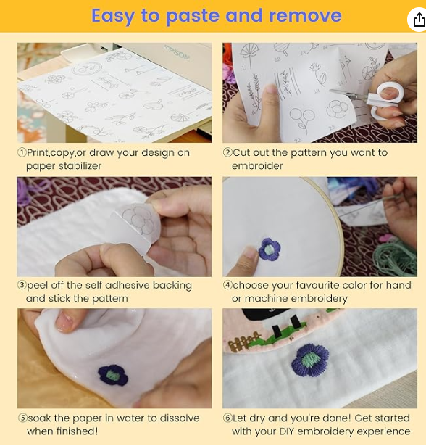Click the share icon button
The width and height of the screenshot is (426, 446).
click(x=418, y=20)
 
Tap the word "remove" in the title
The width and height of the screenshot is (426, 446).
click(x=305, y=15)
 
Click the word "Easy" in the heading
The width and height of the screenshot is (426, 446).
click(x=113, y=17)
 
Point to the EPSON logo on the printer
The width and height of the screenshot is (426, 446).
click(x=177, y=53)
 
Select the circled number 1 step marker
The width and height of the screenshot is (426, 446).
click(x=22, y=152)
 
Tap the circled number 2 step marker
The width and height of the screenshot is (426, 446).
click(x=227, y=152)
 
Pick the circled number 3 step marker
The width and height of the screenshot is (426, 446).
click(x=22, y=285)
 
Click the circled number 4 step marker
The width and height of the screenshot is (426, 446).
click(x=227, y=285)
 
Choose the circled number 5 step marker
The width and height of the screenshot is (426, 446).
click(x=22, y=418)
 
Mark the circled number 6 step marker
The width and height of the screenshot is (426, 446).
click(x=227, y=418)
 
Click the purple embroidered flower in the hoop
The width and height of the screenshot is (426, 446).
click(x=270, y=249)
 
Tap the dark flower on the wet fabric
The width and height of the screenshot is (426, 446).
click(x=113, y=375)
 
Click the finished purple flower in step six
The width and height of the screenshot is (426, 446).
click(x=310, y=360)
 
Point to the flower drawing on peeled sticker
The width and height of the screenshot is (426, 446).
click(x=139, y=220)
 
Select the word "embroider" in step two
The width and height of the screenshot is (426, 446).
click(x=257, y=166)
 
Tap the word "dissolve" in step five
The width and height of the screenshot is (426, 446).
click(x=180, y=418)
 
